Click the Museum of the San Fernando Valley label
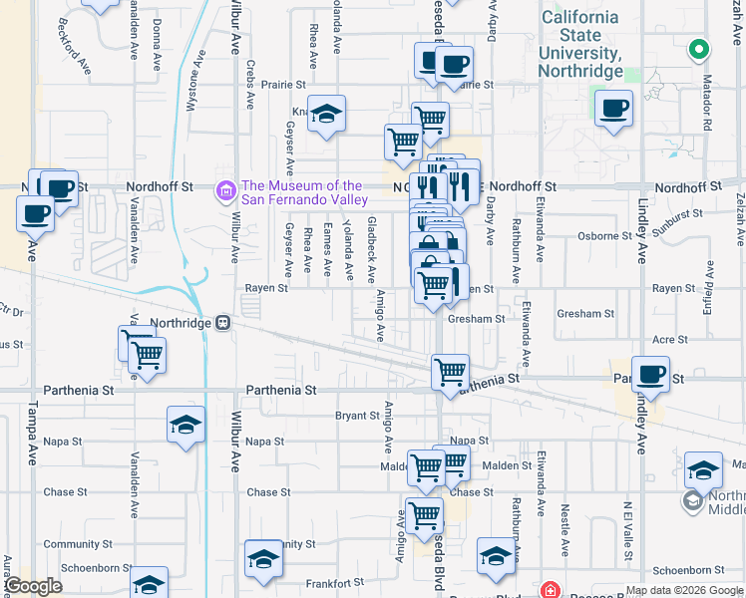click(x=304, y=192)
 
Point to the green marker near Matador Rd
click(x=700, y=48)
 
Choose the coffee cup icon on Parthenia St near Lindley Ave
click(x=650, y=374)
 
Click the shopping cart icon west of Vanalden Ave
click(x=147, y=354)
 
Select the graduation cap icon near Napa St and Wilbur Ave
click(x=186, y=425)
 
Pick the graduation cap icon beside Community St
click(x=264, y=556)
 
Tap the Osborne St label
click(x=606, y=237)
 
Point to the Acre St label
click(x=670, y=340)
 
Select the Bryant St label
click(x=358, y=416)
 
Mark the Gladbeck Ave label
click(x=371, y=250)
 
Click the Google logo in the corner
click(x=33, y=586)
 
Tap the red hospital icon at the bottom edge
click(x=548, y=590)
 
